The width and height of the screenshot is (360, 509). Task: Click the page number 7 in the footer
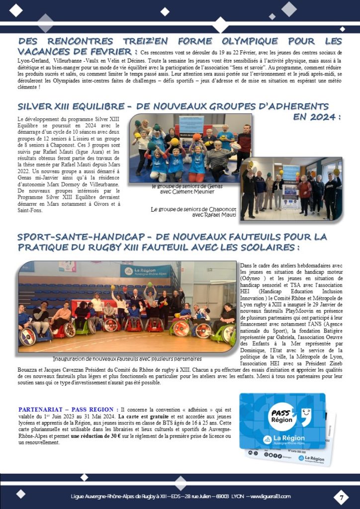tap(342, 496)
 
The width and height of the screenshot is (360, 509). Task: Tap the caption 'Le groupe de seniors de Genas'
tap(187, 186)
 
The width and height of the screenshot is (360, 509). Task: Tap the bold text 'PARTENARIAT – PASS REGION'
tap(67, 410)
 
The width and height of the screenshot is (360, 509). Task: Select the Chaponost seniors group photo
tap(291, 189)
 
